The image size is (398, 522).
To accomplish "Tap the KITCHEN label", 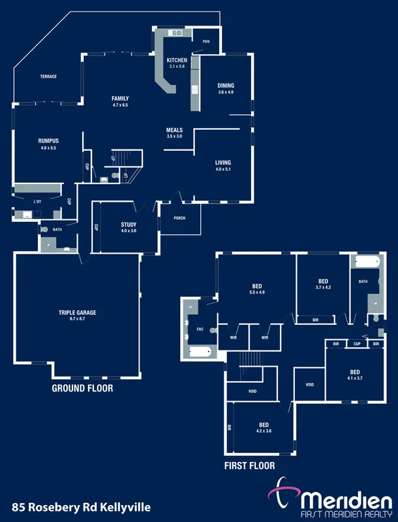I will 177,60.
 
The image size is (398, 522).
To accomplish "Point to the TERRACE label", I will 48,76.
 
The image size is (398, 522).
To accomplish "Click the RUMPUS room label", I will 49,141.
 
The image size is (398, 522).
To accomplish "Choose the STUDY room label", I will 129,224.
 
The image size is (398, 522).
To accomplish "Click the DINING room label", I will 226,85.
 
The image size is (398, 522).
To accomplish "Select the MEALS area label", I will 174,130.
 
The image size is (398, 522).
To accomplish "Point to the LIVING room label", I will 223,162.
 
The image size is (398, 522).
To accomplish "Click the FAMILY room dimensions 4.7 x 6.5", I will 120,105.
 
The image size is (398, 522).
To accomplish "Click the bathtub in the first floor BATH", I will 367,262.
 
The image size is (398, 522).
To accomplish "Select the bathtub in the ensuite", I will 199,352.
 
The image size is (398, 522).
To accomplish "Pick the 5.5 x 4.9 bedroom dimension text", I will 257,292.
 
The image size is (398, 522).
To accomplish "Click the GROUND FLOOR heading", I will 82,388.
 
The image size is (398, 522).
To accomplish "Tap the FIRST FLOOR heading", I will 249,466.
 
